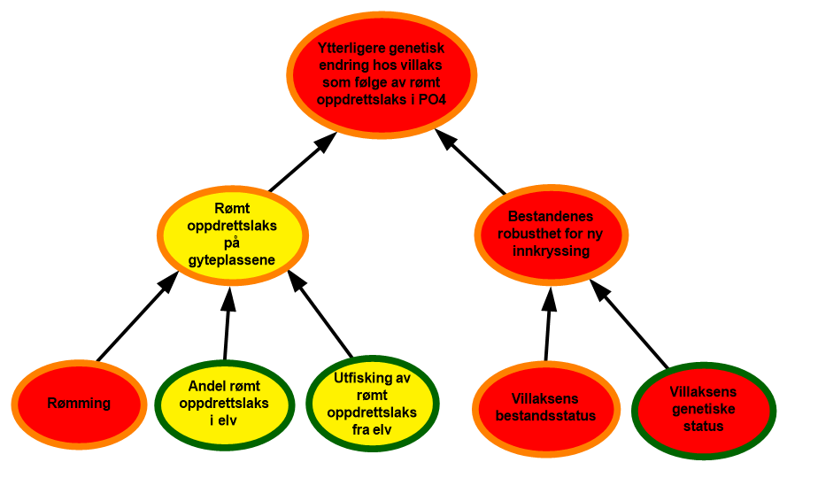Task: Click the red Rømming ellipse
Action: (79, 404)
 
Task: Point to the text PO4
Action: (430, 99)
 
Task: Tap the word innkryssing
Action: (552, 251)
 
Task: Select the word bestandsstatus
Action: (545, 415)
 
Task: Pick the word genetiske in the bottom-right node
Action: (703, 409)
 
